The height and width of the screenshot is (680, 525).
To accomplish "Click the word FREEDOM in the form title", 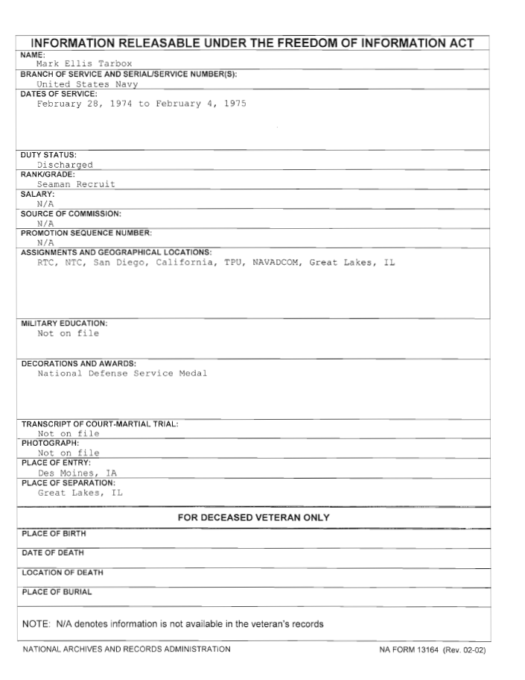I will tap(304, 43).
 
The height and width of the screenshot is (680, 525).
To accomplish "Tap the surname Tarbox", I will tap(114, 64).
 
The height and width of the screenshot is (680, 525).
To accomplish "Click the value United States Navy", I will tap(88, 84).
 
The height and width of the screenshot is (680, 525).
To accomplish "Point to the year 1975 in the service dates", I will tap(235, 104).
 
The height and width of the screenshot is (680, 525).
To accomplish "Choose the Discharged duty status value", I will tap(66, 165).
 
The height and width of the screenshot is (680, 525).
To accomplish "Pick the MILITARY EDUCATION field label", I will tap(64, 324).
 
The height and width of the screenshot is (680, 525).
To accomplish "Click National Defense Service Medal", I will tap(122, 374).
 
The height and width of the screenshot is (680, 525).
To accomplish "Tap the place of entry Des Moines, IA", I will tap(77, 473).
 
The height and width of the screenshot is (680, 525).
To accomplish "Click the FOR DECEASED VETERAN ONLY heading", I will tap(253, 517).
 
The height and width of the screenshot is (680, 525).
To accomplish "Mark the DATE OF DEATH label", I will tap(53, 553).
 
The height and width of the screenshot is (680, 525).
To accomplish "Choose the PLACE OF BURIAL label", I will tap(57, 592).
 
